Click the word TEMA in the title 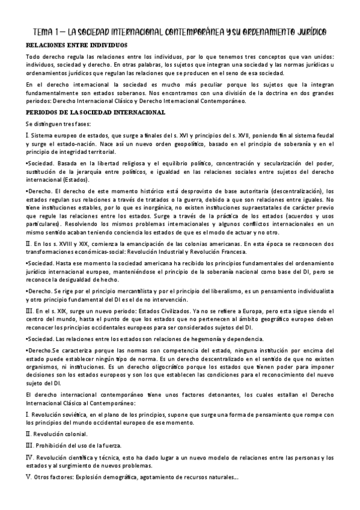[41, 31]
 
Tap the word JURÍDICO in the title [308, 31]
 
